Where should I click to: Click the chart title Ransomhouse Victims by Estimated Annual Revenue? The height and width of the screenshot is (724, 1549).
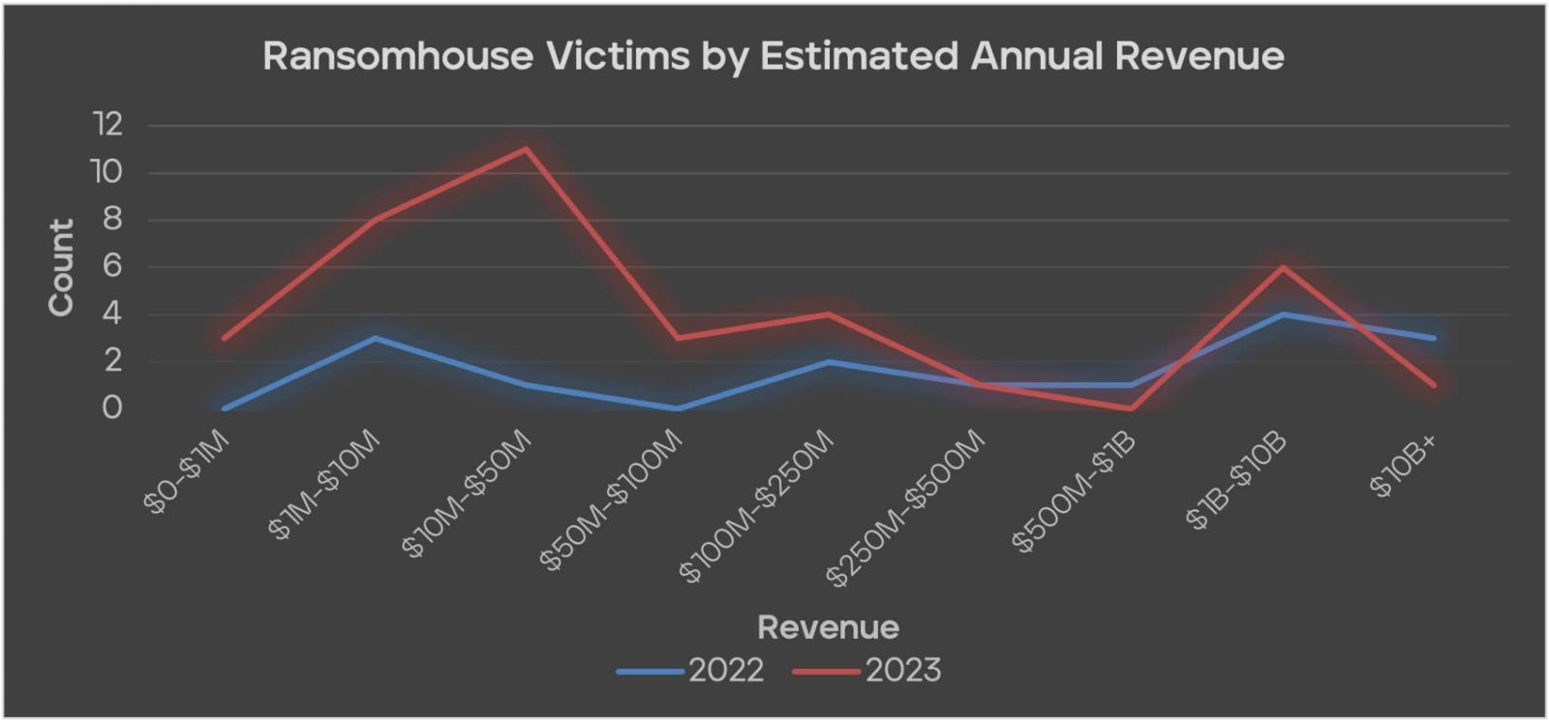[773, 56]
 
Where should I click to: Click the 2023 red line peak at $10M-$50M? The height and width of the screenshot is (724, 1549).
[526, 149]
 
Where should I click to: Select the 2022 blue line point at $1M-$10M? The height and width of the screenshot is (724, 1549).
[375, 338]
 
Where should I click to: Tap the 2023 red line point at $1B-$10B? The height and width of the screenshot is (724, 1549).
[1283, 267]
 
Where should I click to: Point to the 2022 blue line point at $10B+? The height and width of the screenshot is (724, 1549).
[1434, 338]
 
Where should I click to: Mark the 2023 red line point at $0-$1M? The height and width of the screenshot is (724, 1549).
[224, 338]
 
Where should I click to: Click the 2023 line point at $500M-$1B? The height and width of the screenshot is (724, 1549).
[1131, 408]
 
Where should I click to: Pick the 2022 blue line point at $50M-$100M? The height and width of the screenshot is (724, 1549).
[678, 408]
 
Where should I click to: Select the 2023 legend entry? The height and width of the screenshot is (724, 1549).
[867, 671]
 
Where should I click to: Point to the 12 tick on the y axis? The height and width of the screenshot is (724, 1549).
[107, 124]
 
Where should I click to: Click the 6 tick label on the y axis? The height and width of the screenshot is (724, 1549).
[112, 266]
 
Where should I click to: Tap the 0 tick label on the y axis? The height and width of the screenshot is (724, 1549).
[112, 407]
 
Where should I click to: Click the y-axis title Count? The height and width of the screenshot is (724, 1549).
[61, 267]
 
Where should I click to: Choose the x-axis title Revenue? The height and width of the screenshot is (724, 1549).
[828, 627]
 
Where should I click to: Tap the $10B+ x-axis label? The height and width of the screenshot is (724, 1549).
[1404, 466]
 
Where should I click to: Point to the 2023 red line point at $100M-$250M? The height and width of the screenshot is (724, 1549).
[829, 314]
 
